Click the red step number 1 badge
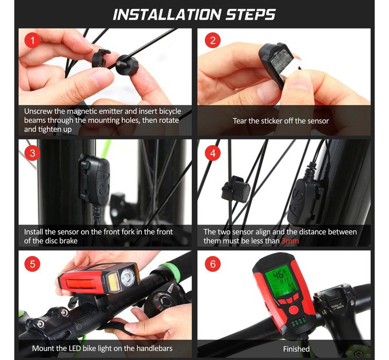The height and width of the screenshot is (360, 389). point(32,41)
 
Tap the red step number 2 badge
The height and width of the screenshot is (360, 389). point(213,41)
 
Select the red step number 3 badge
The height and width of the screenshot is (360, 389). point(32,153)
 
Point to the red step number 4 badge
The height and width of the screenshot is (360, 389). point(213,153)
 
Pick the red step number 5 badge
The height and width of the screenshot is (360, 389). point(32,263)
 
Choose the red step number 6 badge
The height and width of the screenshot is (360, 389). point(213,263)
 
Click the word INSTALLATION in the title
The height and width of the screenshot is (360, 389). point(166,15)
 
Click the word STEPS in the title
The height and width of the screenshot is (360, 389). point(251,15)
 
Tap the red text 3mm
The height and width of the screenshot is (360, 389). point(290,241)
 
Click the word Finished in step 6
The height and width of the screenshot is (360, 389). point(296,349)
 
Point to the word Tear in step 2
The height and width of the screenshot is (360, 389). point(240,121)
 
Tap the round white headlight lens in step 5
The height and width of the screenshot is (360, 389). point(128,277)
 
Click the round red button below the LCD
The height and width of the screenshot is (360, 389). point(293,310)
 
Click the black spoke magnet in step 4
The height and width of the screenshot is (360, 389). point(236,189)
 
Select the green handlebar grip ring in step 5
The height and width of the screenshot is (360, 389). point(170,269)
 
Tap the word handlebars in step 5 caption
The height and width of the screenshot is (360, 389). point(154,349)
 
